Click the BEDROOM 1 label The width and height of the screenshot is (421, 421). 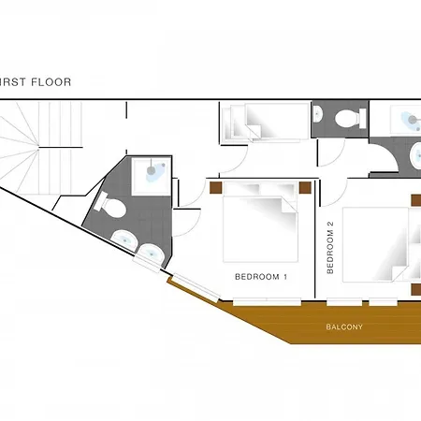[x=261, y=277]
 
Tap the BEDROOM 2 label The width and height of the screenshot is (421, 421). [x=330, y=248]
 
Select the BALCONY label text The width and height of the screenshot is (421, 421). [x=344, y=327]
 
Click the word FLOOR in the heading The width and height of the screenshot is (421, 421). [x=51, y=82]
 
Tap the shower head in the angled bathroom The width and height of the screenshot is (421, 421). [x=151, y=170]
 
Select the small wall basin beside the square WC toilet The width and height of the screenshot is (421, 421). [x=317, y=114]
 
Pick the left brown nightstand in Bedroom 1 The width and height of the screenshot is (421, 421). [x=215, y=187]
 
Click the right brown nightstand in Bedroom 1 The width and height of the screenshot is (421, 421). [x=305, y=187]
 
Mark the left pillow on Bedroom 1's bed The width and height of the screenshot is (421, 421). [x=242, y=188]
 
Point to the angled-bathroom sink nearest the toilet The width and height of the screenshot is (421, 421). [x=124, y=240]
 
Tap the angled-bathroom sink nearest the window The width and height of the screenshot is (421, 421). [x=151, y=254]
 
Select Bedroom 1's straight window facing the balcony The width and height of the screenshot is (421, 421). [x=267, y=301]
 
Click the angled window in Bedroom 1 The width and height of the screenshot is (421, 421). [x=196, y=288]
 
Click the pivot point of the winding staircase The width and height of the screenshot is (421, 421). [x=38, y=148]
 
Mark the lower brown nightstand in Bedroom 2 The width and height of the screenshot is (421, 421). [x=416, y=289]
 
